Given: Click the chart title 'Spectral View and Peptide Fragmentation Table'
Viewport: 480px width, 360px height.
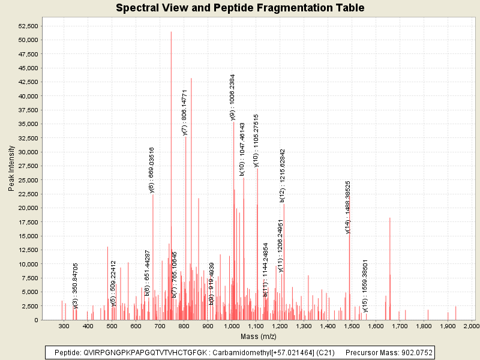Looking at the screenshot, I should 240,8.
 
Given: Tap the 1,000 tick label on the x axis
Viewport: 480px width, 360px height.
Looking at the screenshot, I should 232,326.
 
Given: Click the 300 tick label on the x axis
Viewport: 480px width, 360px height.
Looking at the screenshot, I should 64,326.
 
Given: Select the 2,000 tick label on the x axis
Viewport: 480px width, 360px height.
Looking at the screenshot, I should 472,326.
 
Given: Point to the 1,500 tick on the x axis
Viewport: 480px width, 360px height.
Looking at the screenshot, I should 352,326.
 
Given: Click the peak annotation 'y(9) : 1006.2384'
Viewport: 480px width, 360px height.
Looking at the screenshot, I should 233,98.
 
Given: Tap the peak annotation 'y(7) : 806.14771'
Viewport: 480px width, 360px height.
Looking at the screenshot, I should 185,112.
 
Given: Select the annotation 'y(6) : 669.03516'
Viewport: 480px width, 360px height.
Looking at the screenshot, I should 152,170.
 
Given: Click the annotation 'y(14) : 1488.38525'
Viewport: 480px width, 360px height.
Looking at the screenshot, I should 348,207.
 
